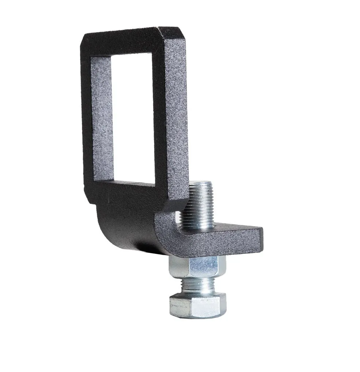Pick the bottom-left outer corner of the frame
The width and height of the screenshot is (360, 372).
click(x=88, y=199)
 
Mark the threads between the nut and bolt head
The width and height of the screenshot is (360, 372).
click(x=197, y=285)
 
